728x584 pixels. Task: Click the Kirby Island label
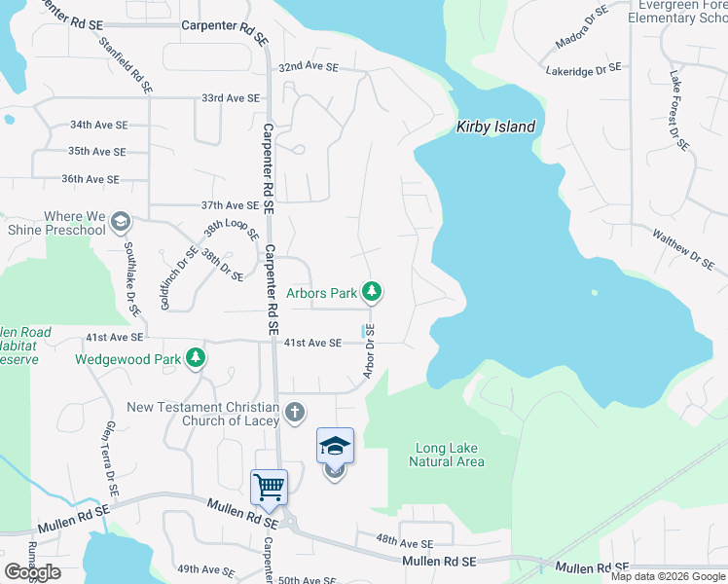point(496,127)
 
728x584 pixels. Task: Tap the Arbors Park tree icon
point(371,291)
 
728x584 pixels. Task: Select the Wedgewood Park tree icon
point(196,358)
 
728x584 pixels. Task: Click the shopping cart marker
point(269,486)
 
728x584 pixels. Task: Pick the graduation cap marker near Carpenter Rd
point(335,446)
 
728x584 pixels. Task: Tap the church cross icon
point(295,414)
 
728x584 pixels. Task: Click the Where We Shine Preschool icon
point(120,222)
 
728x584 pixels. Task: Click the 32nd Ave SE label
point(308,68)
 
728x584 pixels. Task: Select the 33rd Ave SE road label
point(231,98)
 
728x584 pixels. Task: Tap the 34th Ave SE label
point(98,126)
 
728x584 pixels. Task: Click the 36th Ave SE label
point(90,179)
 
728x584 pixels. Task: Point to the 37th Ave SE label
point(230,205)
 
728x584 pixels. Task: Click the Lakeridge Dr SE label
point(583,70)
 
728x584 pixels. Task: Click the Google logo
point(32,572)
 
